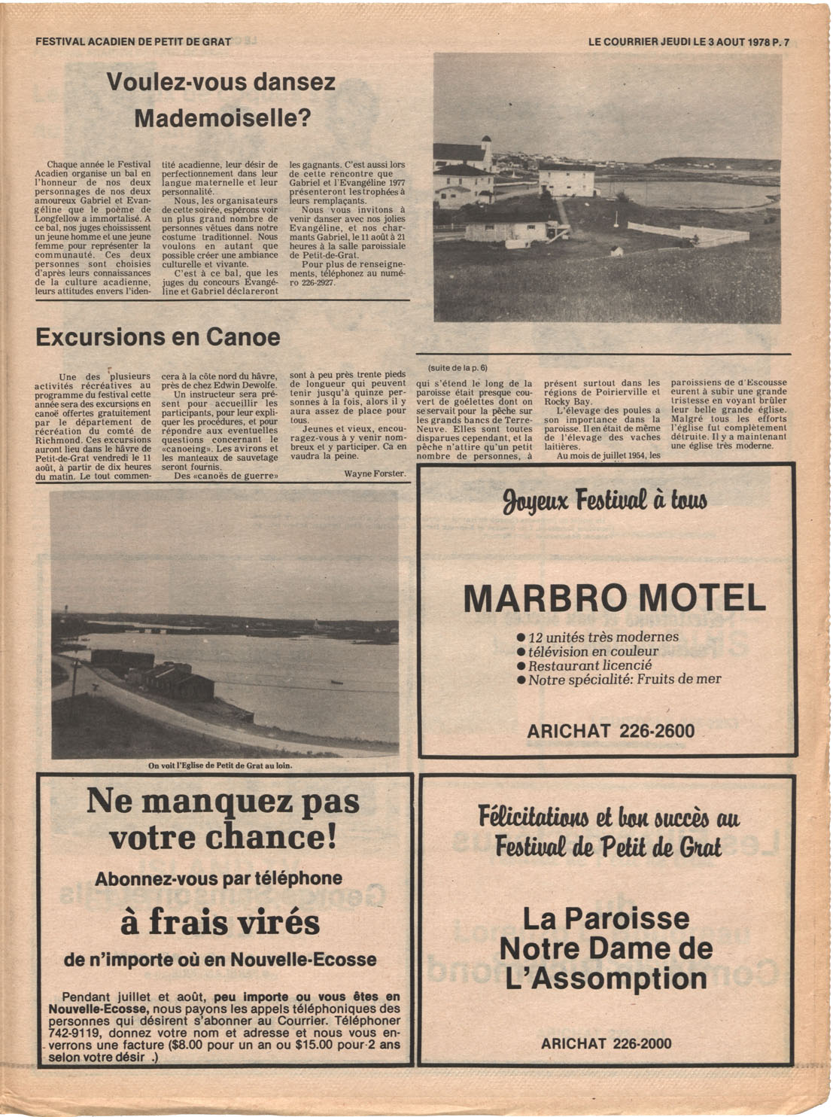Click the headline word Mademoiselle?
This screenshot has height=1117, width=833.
(x=222, y=118)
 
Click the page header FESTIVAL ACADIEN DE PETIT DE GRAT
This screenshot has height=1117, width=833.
(x=133, y=41)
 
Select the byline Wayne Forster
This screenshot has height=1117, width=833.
(x=375, y=473)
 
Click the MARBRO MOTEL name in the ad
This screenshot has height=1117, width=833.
(x=614, y=598)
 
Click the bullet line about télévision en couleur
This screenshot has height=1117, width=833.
(x=593, y=652)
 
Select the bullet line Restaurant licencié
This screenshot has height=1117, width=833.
(x=589, y=665)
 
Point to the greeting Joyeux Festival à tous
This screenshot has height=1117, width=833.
(x=604, y=500)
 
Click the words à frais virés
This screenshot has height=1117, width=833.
(x=220, y=923)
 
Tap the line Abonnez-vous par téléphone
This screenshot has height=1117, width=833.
(x=218, y=878)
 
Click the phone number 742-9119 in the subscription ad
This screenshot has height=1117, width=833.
(x=69, y=1033)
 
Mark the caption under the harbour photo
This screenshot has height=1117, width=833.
(x=220, y=765)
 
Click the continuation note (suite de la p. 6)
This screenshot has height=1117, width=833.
(x=458, y=368)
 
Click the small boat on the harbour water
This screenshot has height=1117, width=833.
(x=336, y=683)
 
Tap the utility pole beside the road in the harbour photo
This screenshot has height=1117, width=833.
(x=74, y=677)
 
